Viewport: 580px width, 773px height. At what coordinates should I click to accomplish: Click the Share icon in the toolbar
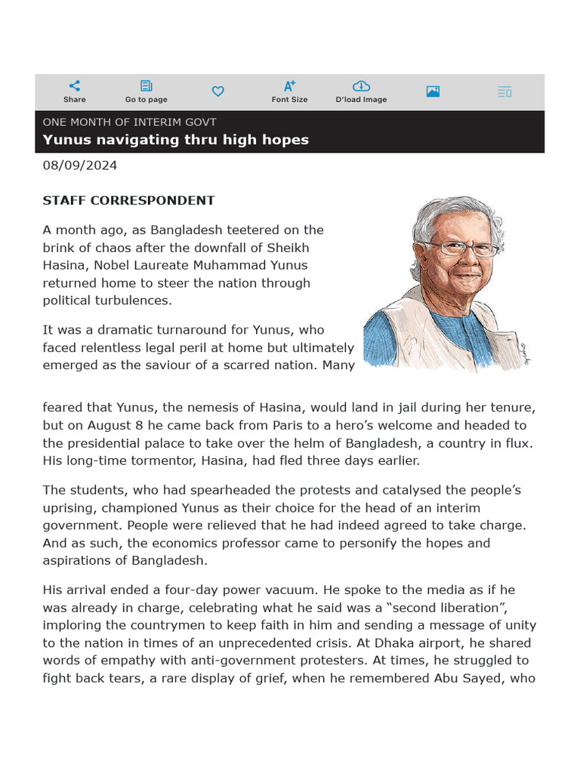tap(74, 86)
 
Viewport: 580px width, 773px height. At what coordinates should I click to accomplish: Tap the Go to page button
tap(147, 86)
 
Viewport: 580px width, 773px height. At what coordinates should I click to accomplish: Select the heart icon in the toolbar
tap(217, 91)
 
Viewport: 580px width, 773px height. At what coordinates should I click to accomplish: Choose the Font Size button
tap(289, 86)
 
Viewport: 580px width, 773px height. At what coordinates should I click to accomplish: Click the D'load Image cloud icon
tap(361, 86)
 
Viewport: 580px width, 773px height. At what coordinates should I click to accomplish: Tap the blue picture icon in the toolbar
tap(433, 91)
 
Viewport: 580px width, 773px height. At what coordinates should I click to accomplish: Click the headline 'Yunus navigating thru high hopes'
tap(176, 140)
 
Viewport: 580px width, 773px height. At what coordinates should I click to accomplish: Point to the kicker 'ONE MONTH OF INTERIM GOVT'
tap(129, 122)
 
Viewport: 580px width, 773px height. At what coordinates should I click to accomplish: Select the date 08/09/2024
tap(80, 165)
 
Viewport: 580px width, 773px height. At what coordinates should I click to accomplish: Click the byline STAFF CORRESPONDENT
tap(128, 201)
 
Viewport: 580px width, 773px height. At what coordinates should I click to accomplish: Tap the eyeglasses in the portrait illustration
tap(458, 248)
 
